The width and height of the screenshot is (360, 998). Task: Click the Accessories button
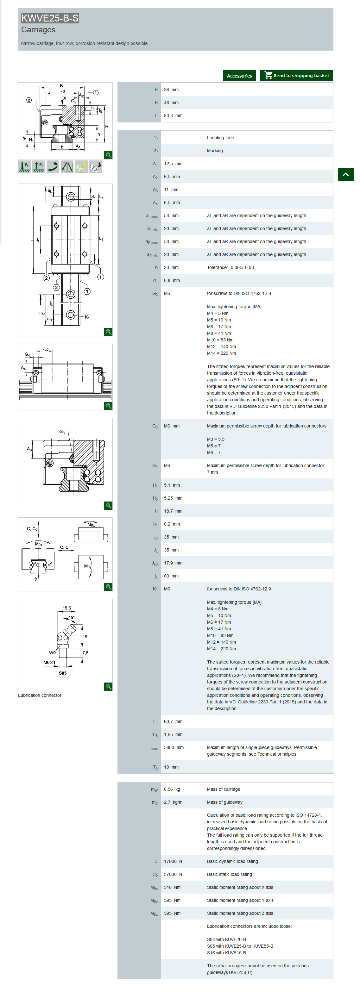(x=239, y=76)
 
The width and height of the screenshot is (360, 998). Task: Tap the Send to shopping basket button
(x=296, y=76)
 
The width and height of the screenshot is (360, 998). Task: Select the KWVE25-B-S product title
(x=50, y=18)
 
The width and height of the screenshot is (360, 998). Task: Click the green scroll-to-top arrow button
(x=345, y=174)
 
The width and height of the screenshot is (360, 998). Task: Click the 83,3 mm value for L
(x=173, y=115)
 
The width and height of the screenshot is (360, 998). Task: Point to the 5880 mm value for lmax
(x=174, y=747)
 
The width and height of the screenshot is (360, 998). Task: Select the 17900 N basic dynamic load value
(x=173, y=861)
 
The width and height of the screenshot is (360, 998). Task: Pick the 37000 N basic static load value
(x=173, y=874)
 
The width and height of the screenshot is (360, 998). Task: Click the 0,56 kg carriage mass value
(x=172, y=789)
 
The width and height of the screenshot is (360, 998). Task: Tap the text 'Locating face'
(x=220, y=138)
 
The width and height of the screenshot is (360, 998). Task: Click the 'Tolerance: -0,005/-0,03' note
(x=230, y=267)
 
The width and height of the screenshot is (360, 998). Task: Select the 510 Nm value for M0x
(x=172, y=887)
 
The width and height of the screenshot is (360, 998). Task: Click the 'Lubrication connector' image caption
(x=40, y=695)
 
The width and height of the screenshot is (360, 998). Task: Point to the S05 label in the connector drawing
(x=63, y=673)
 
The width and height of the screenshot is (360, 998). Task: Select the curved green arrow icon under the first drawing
(x=53, y=166)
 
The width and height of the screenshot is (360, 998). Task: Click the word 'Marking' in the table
(x=215, y=151)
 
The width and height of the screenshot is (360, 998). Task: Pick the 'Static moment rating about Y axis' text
(x=240, y=900)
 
